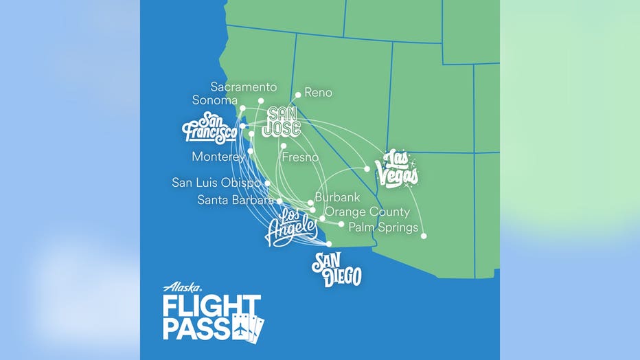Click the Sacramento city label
point(244,87)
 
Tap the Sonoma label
point(214,100)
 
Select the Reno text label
point(318,92)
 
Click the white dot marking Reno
point(298,95)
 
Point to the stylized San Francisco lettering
point(209,130)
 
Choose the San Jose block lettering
point(283,121)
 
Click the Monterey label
point(218,157)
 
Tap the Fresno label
point(300,157)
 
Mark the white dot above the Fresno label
point(283,146)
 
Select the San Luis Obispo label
point(216,183)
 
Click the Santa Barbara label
point(236,200)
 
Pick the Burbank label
point(337,197)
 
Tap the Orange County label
point(367,212)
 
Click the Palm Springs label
point(383,227)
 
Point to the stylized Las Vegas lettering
point(397,168)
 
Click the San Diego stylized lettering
point(336,269)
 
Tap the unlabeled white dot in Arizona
point(424,236)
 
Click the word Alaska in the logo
point(182,288)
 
